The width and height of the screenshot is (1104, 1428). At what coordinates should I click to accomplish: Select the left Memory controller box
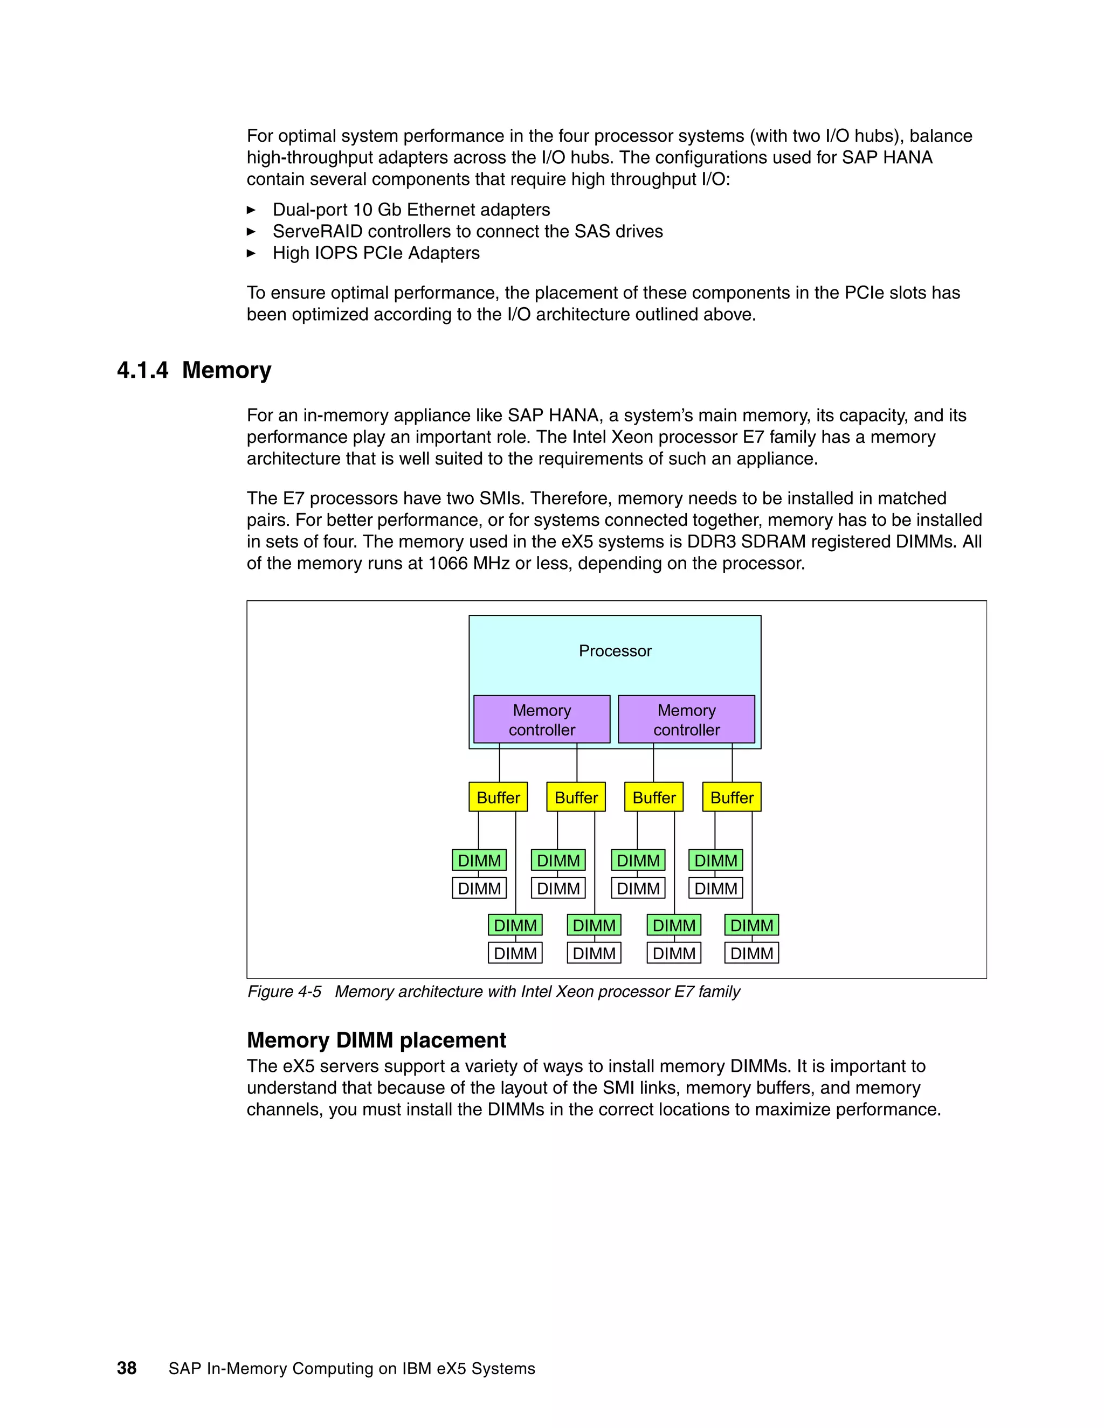[x=542, y=719]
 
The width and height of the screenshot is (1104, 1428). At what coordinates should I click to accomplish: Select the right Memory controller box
[x=686, y=719]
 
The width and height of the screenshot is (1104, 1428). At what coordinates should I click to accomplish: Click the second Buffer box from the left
[x=576, y=797]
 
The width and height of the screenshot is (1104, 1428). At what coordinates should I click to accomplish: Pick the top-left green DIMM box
[x=479, y=860]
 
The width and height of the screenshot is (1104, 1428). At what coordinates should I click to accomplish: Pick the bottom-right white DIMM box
[x=751, y=953]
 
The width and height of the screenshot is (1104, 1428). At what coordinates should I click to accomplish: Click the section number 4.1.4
[x=142, y=370]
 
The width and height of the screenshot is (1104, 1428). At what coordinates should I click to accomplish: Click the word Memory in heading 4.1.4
[x=226, y=370]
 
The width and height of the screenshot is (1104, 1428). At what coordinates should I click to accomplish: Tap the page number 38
[x=126, y=1368]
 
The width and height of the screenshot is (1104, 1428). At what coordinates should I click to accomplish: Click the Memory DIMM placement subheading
[x=376, y=1039]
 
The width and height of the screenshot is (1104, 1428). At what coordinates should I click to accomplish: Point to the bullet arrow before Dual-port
[x=251, y=210]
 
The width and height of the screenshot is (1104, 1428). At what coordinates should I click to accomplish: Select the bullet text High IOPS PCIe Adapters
[x=376, y=253]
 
